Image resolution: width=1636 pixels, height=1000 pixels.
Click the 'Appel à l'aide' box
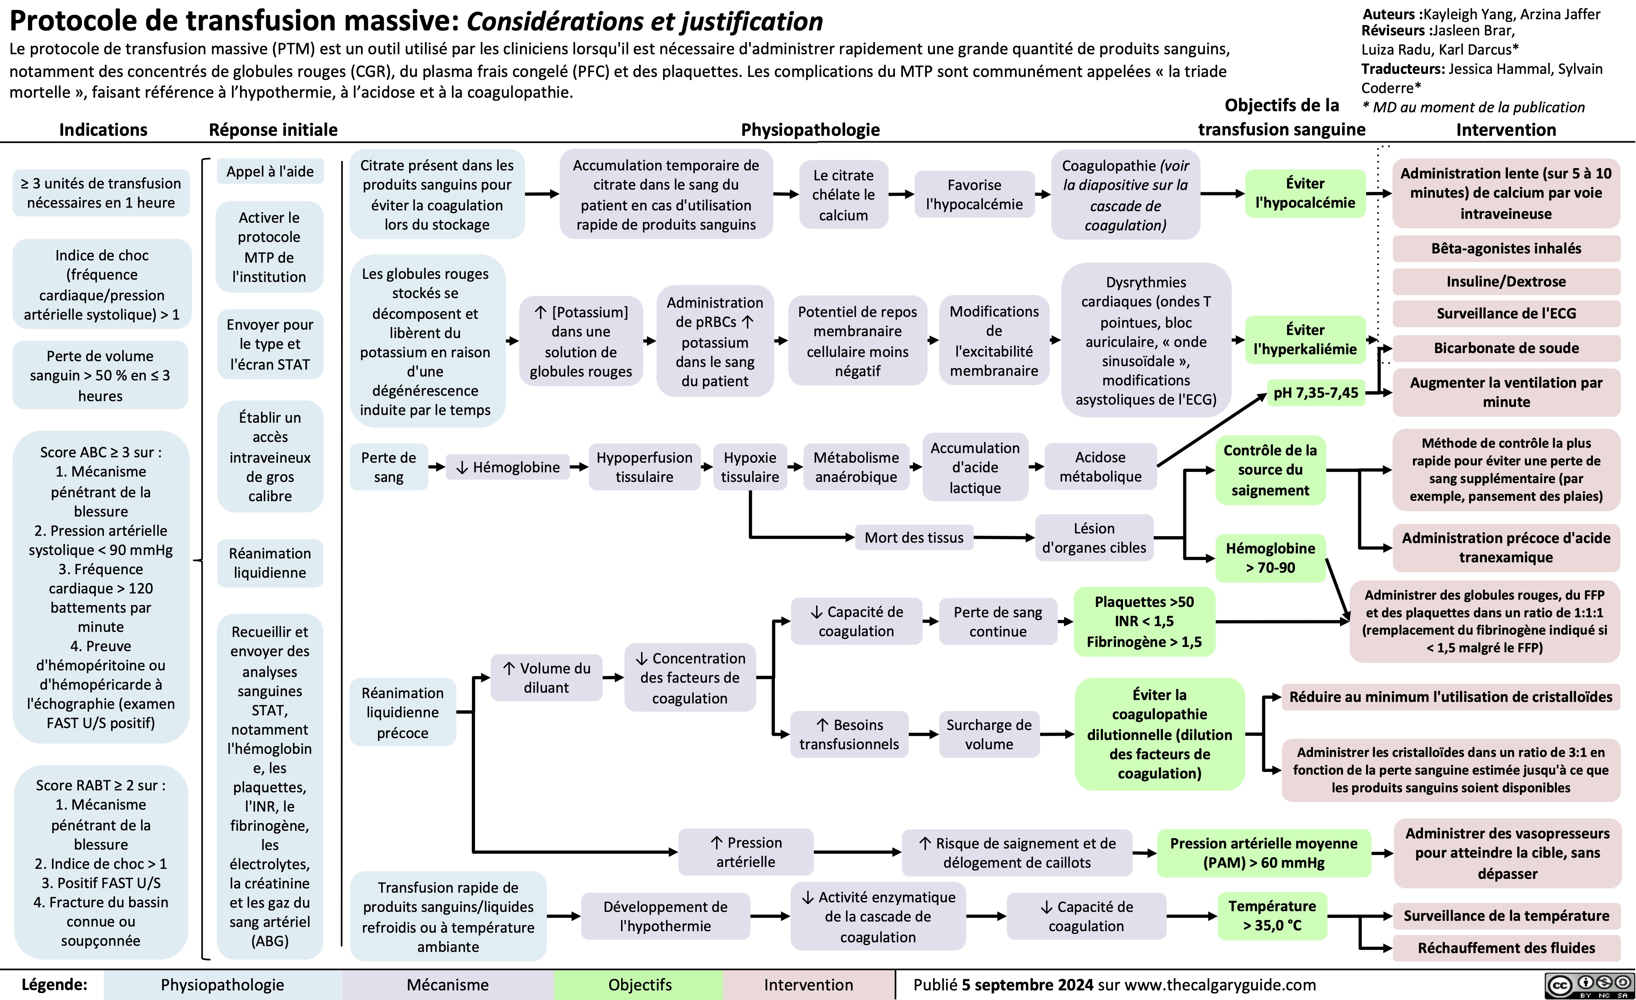(270, 171)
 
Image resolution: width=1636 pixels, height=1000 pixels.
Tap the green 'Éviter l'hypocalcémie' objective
(1304, 193)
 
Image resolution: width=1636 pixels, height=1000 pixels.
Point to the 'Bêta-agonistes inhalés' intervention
(1506, 248)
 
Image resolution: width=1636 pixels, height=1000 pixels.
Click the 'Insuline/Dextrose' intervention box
(1506, 281)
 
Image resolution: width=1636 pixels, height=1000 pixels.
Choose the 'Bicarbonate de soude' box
(1506, 348)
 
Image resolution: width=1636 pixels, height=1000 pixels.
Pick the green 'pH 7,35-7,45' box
(1315, 392)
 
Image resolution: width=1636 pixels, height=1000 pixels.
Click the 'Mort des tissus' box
(914, 537)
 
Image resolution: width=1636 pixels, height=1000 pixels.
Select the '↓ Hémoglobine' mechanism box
(508, 467)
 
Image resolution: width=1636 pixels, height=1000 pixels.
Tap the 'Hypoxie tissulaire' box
(750, 467)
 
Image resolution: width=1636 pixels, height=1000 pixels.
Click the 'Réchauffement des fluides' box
(1506, 948)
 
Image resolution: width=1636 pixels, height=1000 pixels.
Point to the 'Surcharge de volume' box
(989, 734)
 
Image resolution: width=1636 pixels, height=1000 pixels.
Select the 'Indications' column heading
(103, 130)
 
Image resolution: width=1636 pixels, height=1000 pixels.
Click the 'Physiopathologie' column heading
(810, 130)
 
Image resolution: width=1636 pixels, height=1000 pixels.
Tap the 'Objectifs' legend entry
(640, 984)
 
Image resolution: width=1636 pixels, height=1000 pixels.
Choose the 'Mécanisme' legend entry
(448, 984)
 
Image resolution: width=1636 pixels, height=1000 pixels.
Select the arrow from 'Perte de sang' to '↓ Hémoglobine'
(436, 467)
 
